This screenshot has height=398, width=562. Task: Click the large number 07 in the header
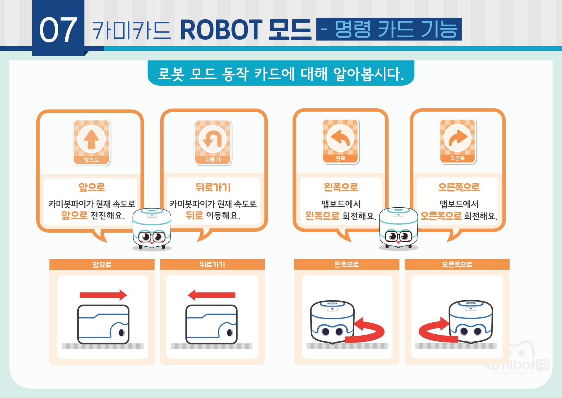[58, 30]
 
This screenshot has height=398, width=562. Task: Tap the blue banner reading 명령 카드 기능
[389, 29]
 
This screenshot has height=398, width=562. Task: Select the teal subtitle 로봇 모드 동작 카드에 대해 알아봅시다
[281, 73]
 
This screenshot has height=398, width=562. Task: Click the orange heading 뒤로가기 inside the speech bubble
[213, 187]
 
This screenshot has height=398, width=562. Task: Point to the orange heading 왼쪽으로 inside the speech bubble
[341, 187]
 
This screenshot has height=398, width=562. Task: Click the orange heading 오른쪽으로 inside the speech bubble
[459, 187]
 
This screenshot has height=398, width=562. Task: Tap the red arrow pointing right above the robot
[103, 295]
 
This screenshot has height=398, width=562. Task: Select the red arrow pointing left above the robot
[211, 295]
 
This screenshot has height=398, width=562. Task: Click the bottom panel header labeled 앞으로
[102, 264]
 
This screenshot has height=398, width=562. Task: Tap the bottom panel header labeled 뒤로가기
[212, 264]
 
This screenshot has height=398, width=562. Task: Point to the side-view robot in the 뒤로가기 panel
[211, 324]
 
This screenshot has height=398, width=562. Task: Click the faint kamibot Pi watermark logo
[517, 361]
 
